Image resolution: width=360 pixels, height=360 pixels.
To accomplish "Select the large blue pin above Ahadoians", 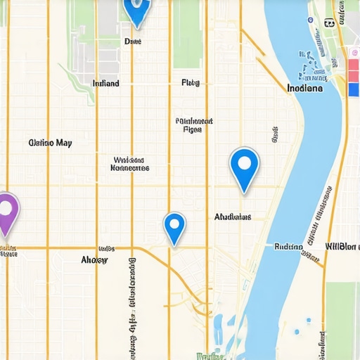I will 244,165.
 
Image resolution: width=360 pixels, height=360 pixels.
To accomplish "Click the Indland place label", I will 106,83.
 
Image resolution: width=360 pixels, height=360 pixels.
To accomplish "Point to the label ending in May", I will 50,143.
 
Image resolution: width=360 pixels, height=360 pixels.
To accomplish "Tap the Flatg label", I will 191,83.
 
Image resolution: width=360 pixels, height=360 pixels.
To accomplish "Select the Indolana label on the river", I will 305,89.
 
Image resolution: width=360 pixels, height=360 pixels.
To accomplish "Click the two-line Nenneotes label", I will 130,164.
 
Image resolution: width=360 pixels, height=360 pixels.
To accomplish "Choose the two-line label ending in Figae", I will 193,124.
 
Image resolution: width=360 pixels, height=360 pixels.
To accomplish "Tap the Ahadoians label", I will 233,217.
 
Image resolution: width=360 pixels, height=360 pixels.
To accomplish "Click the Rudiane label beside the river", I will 288,247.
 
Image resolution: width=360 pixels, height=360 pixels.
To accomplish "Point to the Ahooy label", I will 94,259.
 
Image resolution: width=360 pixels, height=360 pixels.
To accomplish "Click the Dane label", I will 133,41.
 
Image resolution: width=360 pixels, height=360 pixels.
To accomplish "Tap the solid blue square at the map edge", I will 354,89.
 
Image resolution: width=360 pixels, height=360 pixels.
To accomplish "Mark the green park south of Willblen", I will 342,316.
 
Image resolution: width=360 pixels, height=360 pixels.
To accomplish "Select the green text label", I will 210,356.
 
